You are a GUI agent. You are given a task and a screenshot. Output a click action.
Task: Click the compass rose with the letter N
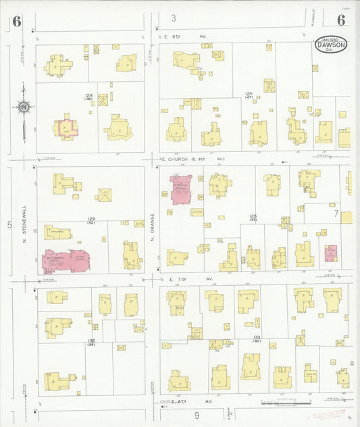(23, 106)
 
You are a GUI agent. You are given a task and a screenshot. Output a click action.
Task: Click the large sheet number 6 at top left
(16, 22)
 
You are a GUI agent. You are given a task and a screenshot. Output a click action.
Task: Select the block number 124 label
(88, 97)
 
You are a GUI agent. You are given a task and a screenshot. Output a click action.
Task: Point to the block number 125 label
(249, 95)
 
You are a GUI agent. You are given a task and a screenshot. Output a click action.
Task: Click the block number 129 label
(91, 220)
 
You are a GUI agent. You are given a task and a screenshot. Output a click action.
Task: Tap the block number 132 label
(91, 341)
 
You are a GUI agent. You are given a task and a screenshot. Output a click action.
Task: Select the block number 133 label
(257, 338)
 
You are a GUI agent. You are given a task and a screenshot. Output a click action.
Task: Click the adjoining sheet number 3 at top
(174, 18)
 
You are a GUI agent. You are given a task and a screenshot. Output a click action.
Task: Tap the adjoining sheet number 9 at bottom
(197, 415)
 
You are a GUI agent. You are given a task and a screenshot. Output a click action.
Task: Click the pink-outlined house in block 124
(66, 127)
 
